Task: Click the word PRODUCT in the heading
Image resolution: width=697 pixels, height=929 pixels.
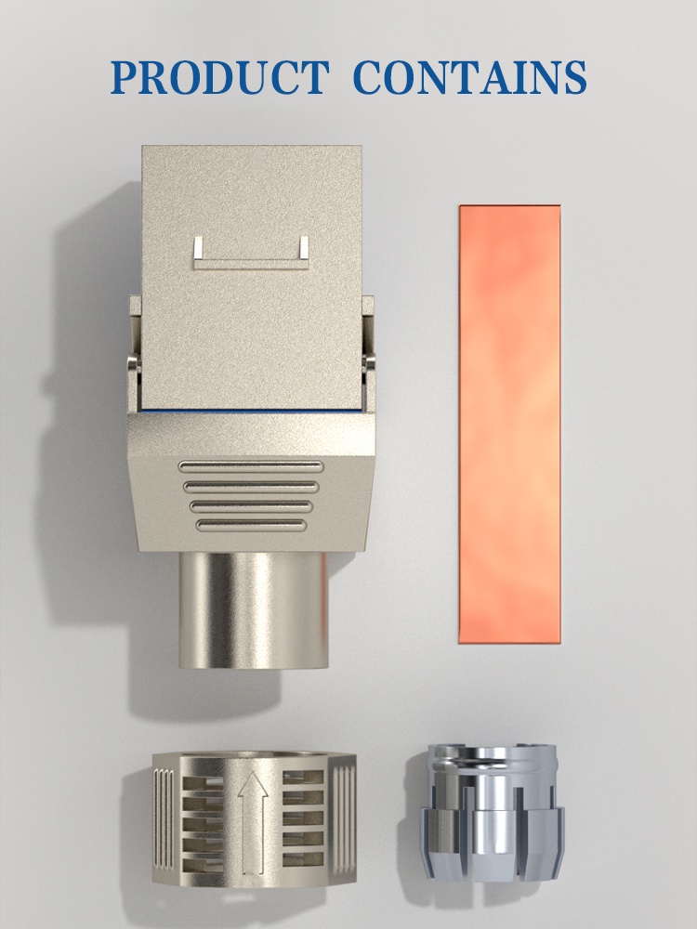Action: coord(220,78)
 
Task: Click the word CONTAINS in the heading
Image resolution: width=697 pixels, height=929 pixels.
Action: coord(470,78)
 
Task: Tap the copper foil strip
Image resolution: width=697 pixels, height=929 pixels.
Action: coord(509,425)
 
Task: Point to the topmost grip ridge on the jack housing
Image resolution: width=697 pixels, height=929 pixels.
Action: coord(251,467)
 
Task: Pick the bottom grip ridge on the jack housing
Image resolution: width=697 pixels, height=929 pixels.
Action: coord(251,525)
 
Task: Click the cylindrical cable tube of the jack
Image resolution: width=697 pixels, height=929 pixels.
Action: coord(254,610)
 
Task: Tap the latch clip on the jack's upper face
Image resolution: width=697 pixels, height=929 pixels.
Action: coord(251,253)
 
